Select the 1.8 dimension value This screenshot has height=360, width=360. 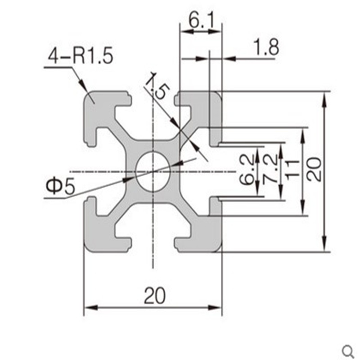click(266, 47)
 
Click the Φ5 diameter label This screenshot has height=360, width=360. click(59, 187)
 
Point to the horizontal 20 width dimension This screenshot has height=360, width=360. click(155, 296)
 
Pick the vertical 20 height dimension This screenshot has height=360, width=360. click(315, 170)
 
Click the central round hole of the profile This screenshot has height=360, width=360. click(153, 171)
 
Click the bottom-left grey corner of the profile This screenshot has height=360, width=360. click(97, 238)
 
